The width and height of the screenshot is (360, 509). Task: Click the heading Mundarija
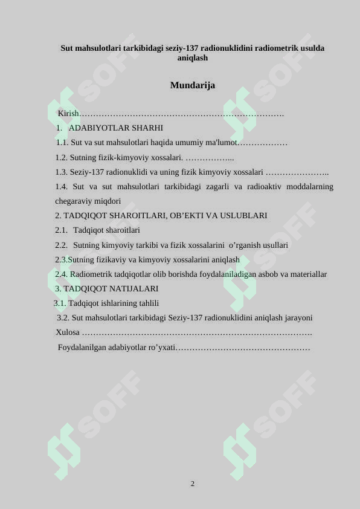(x=192, y=86)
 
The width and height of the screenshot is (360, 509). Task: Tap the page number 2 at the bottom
(x=193, y=484)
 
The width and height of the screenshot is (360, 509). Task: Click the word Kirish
(x=68, y=114)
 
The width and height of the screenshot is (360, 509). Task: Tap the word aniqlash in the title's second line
(x=193, y=58)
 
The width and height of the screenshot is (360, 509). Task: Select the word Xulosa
(x=67, y=332)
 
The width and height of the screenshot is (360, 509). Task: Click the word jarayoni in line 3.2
(x=294, y=318)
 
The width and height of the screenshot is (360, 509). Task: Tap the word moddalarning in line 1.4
(x=308, y=186)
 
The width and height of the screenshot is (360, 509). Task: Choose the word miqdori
(x=108, y=201)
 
